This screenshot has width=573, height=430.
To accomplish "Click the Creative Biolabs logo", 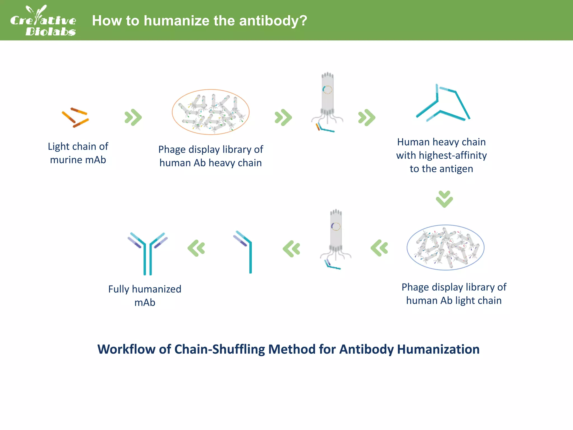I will point(43,21).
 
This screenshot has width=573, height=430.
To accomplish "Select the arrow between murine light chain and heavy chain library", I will point(133,117).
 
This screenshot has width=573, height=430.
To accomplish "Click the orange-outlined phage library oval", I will point(211,112).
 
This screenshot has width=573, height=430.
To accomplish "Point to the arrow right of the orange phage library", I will point(283,117).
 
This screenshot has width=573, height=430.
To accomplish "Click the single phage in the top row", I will point(327,101).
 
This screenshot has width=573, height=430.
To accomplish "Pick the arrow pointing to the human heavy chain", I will point(367,117).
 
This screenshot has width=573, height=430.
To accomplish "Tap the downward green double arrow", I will point(444,199).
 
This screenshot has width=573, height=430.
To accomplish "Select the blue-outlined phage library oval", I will point(445,247).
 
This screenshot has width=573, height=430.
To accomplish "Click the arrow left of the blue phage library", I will point(379,248).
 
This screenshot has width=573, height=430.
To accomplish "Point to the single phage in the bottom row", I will point(336,238).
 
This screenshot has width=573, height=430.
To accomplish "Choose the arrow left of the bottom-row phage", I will point(292,249).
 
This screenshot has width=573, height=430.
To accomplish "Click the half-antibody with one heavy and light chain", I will point(245,251).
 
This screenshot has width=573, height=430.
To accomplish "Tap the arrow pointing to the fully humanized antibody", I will point(196,248).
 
